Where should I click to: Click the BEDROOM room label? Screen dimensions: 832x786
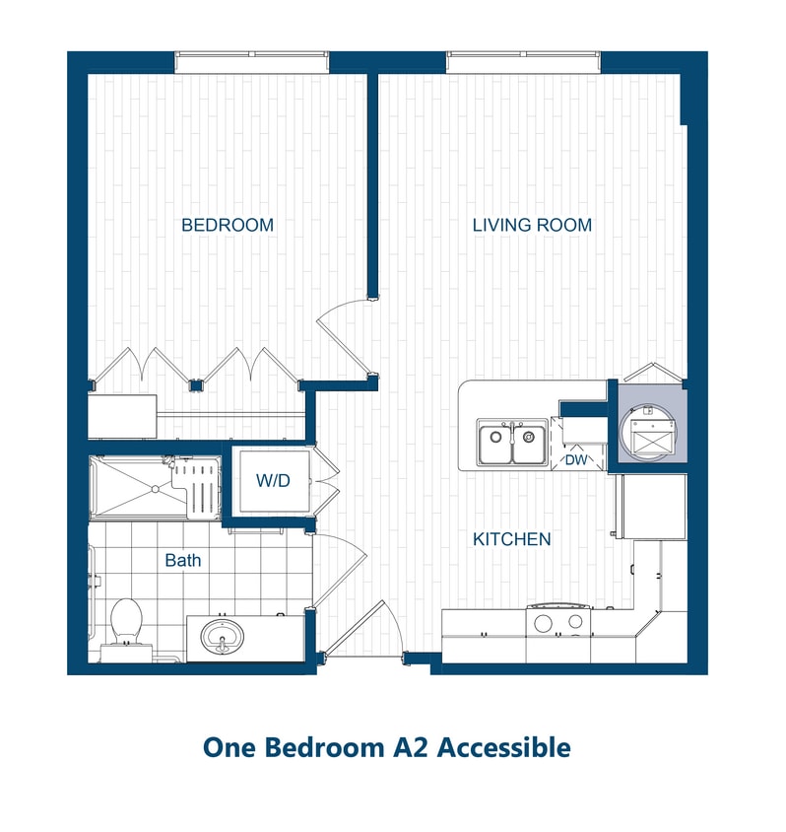click(x=228, y=226)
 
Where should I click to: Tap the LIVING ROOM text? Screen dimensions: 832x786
click(x=532, y=226)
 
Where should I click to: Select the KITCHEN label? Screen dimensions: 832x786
click(x=511, y=539)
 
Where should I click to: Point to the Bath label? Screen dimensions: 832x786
click(x=182, y=560)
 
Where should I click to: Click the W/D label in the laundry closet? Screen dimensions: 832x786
click(x=272, y=482)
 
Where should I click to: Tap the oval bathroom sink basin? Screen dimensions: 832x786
click(x=224, y=637)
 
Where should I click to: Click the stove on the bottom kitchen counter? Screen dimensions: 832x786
click(x=557, y=622)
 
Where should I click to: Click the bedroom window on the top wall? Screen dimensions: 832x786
click(x=252, y=62)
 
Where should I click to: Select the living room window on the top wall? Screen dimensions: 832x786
click(x=523, y=62)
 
